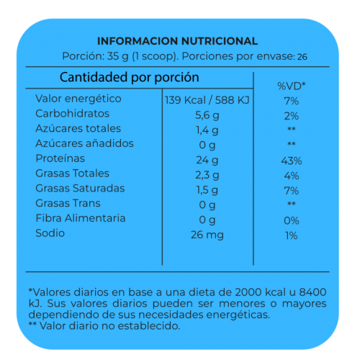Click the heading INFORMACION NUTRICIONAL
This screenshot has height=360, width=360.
(x=178, y=41)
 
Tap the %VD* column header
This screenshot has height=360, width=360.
(x=292, y=86)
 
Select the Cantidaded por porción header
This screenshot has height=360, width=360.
(x=130, y=78)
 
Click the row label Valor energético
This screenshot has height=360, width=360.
(x=78, y=99)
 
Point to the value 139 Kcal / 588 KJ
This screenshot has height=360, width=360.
(x=207, y=100)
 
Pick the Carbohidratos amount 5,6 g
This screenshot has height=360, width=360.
(x=207, y=115)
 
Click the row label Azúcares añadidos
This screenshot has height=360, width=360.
(x=84, y=143)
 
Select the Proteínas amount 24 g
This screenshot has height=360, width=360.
(x=207, y=161)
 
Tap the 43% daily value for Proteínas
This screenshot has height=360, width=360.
(x=292, y=161)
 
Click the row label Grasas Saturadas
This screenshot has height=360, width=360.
(x=80, y=188)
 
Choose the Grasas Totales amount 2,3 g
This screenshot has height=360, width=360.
(x=207, y=175)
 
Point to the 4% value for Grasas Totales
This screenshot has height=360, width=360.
(x=292, y=176)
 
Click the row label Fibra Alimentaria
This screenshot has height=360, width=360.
(x=81, y=218)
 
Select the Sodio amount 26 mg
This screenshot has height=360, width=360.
(x=207, y=235)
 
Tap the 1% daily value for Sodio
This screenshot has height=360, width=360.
(x=292, y=235)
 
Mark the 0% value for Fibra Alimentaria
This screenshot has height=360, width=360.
(x=292, y=220)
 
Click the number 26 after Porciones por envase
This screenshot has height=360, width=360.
(x=302, y=57)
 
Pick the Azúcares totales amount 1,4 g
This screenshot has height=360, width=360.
(x=207, y=130)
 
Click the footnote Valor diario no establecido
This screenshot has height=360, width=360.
(x=109, y=326)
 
